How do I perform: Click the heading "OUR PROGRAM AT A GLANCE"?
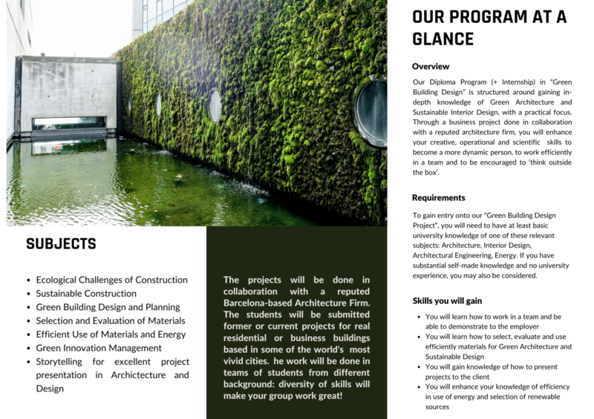[489, 27]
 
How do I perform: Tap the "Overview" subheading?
[431, 66]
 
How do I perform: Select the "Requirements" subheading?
[439, 198]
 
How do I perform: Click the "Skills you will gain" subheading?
[447, 300]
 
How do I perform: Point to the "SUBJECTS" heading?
[61, 244]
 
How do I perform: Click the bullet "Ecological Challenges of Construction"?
[111, 280]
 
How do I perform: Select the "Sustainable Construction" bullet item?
[86, 294]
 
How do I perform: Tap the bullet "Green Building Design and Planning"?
[108, 307]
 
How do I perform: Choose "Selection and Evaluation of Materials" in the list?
[111, 321]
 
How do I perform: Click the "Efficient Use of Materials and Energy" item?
[110, 334]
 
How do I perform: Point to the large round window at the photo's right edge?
[371, 111]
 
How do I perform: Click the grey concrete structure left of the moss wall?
[67, 93]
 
